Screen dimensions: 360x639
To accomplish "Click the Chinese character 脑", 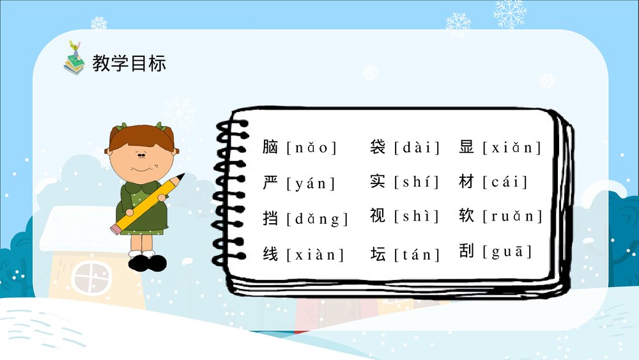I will (270, 147).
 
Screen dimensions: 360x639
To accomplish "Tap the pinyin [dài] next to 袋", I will (417, 148).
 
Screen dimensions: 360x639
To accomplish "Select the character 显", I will (466, 147).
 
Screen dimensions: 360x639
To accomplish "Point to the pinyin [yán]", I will (311, 184).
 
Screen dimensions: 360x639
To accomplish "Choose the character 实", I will (378, 181).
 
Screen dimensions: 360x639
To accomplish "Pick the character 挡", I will (270, 217).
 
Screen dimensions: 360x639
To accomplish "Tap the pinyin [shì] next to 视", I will (417, 217).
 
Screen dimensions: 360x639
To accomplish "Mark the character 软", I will (466, 215).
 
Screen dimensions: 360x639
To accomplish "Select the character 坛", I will (378, 254).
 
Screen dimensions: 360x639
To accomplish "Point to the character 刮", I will (466, 251).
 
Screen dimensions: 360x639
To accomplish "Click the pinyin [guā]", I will (511, 252).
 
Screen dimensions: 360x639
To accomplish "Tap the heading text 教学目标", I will (129, 63).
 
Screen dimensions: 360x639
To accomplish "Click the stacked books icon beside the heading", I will (74, 59).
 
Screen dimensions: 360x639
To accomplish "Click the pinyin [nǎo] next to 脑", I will (311, 148).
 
